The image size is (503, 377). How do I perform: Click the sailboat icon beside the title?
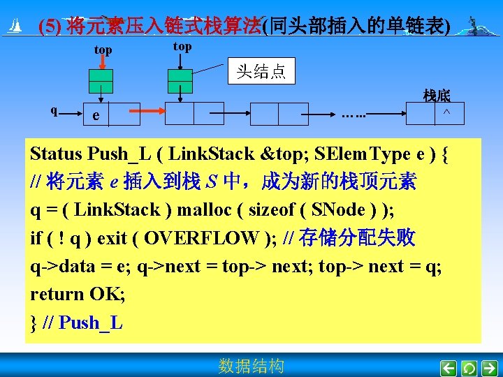click(14, 27)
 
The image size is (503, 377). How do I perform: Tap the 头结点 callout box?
click(261, 71)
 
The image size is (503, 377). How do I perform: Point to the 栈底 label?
click(437, 96)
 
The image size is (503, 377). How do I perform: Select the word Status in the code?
click(61, 154)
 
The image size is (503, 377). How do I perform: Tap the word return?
click(53, 294)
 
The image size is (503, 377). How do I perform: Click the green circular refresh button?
click(469, 367)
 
